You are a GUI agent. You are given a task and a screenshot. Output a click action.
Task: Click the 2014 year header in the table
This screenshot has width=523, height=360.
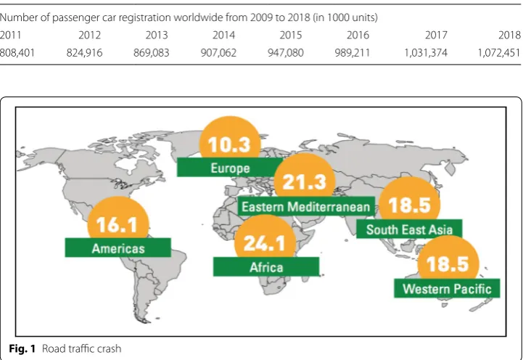coord(224,35)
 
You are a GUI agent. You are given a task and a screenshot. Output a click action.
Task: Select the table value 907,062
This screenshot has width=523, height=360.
coord(218,53)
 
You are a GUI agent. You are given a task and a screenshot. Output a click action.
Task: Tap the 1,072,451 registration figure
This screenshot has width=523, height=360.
coord(499,53)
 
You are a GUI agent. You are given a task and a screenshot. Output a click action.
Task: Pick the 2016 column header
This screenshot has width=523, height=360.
coord(358,35)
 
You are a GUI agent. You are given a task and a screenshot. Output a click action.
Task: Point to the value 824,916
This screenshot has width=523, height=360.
coord(84,53)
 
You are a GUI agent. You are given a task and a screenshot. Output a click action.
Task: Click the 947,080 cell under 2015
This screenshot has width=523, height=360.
coord(286,53)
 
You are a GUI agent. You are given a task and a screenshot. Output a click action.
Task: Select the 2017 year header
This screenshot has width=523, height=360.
coord(436,35)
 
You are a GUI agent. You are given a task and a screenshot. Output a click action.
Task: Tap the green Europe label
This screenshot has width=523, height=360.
coord(230,168)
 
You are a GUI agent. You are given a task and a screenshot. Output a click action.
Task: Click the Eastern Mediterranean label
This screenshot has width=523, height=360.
coord(306,207)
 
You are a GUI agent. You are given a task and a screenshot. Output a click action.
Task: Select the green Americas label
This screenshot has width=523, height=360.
coord(118,248)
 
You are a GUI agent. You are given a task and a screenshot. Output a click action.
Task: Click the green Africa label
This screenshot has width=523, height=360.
coord(266,267)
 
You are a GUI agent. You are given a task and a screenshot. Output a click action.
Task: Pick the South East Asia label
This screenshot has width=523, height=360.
coord(409,229)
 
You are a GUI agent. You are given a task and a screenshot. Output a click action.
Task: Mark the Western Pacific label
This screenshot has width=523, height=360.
coord(447,288)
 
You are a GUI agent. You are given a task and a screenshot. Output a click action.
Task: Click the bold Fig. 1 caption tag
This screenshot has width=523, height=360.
coord(22,348)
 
